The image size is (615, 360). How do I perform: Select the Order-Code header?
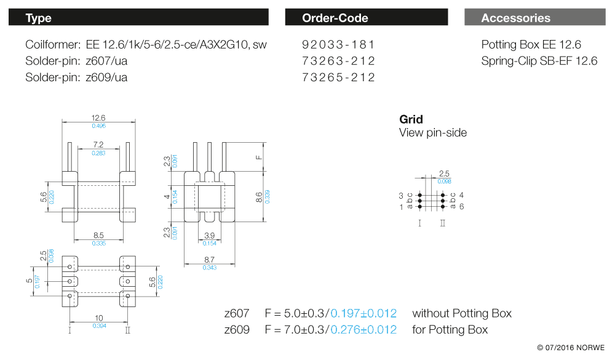pos(367,17)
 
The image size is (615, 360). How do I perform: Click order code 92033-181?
pos(339,44)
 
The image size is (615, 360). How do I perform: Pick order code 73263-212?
pos(339,61)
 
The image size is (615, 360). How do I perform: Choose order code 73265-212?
pos(339,77)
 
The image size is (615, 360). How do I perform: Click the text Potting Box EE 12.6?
pos(531,44)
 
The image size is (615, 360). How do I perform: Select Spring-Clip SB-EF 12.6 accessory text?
pos(539,61)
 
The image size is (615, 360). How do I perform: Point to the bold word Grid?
pos(411,119)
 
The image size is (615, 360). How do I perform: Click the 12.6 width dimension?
pos(98,118)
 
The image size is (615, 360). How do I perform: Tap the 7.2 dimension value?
pos(98,145)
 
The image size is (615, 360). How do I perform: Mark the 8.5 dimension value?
pos(98,235)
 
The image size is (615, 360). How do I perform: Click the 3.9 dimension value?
pos(209,236)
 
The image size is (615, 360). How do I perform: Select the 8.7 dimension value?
pos(209,260)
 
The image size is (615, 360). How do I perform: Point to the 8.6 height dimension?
pos(259,197)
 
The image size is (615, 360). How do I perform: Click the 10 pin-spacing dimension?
pos(98,318)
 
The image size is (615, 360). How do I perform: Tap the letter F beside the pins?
pos(259,157)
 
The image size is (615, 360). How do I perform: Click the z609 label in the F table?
pos(237,330)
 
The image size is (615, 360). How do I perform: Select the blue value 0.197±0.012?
pos(363,313)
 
